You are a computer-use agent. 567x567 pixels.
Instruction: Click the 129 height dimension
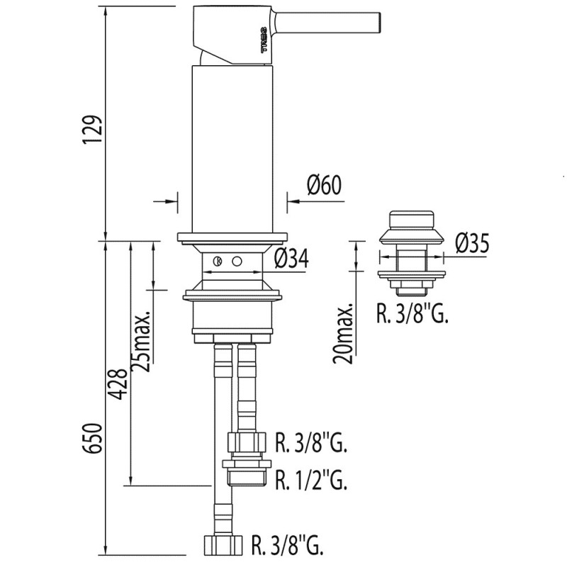pos(91,130)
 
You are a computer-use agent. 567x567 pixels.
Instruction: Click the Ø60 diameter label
pos(325,185)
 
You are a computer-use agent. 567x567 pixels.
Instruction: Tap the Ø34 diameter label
pos(291,259)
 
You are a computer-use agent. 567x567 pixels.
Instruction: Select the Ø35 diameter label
pos(472,243)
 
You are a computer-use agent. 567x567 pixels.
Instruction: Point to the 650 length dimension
pos(91,438)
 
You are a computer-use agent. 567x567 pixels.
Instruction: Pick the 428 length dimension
pos(119,384)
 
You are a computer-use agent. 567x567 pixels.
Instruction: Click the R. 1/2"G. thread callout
pos(311,480)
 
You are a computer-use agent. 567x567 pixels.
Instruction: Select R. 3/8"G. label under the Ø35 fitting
pos(412,313)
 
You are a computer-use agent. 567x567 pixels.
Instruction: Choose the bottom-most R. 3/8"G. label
pos(288,545)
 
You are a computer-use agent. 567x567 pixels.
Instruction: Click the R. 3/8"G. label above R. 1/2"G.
pos(311,442)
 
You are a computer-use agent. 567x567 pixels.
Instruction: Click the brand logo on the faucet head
pos(264,40)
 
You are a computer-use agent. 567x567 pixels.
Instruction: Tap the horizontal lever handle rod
pos(327,23)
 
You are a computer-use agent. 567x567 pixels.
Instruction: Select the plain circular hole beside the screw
pos(237,261)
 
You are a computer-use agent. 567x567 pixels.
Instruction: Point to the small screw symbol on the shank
pos(218,261)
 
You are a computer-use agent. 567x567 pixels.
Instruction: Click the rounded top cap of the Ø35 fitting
pos(411,219)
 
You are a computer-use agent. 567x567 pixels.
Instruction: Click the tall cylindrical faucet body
pos(232,150)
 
